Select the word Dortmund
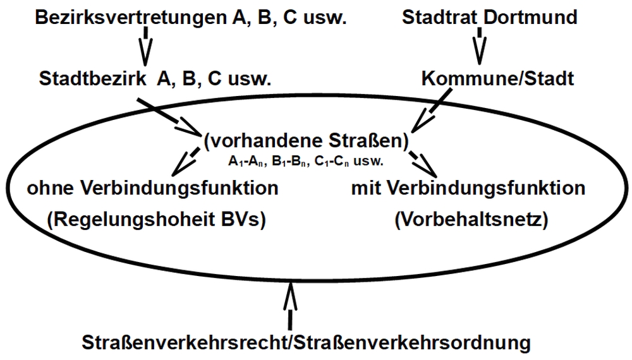pyautogui.click(x=530, y=17)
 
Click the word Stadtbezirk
pyautogui.click(x=92, y=78)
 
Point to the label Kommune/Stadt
pyautogui.click(x=498, y=78)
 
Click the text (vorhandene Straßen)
pyautogui.click(x=307, y=141)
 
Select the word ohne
pyautogui.click(x=52, y=188)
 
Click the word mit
pyautogui.click(x=367, y=188)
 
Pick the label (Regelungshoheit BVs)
pyautogui.click(x=156, y=220)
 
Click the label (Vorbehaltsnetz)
pyautogui.click(x=471, y=220)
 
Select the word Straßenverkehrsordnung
pyautogui.click(x=411, y=343)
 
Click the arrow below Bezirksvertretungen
pyautogui.click(x=145, y=46)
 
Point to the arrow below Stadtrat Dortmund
pyautogui.click(x=479, y=46)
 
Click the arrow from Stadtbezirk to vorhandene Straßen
pyautogui.click(x=169, y=117)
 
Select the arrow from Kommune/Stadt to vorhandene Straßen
pyautogui.click(x=431, y=111)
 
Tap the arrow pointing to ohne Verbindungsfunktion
pyautogui.click(x=185, y=162)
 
